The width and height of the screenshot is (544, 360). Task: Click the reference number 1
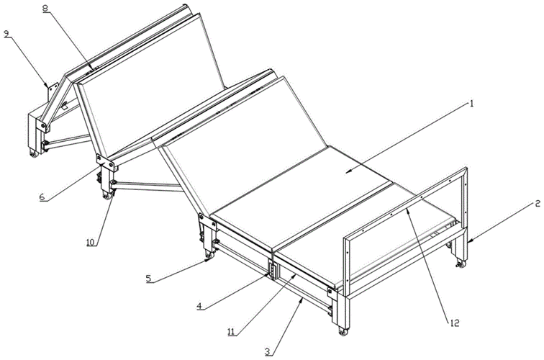pyautogui.click(x=471, y=104)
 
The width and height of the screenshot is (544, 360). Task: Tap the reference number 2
pyautogui.click(x=538, y=204)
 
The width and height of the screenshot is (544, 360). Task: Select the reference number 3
pyautogui.click(x=267, y=351)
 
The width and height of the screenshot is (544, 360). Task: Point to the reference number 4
pyautogui.click(x=199, y=306)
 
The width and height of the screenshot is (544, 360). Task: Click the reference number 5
pyautogui.click(x=148, y=279)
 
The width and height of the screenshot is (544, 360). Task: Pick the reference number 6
pyautogui.click(x=42, y=197)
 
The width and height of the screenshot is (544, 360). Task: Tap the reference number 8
pyautogui.click(x=45, y=9)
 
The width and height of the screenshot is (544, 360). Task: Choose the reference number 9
pyautogui.click(x=6, y=34)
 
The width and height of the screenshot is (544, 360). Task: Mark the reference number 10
pyautogui.click(x=91, y=242)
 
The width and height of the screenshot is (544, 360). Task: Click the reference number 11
pyautogui.click(x=232, y=332)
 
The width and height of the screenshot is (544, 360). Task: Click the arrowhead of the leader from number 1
pyautogui.click(x=349, y=171)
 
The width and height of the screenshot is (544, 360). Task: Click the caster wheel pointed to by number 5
pyautogui.click(x=208, y=256)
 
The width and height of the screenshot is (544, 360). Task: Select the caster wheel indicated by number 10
pyautogui.click(x=107, y=196)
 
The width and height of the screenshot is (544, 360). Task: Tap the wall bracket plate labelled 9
pyautogui.click(x=53, y=91)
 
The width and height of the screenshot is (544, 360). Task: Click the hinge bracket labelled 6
pyautogui.click(x=106, y=162)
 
